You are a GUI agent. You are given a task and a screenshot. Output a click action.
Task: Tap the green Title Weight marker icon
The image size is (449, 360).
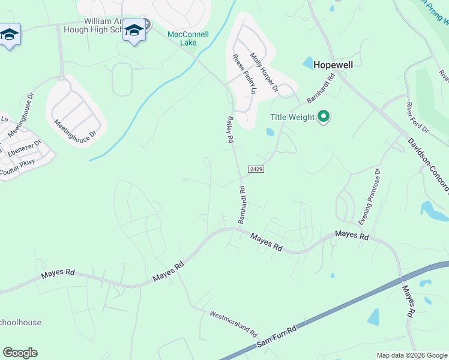[324, 116]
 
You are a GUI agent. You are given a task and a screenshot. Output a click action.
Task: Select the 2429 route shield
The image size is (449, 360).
[255, 169]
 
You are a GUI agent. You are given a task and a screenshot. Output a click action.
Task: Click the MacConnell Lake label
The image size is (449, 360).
[188, 38]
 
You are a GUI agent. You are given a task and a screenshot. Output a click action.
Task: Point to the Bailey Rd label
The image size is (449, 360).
[229, 129]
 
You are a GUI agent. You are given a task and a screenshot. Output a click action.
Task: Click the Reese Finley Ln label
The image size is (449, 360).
[244, 76]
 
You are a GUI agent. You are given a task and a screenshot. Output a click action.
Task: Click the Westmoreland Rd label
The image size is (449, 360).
[233, 323]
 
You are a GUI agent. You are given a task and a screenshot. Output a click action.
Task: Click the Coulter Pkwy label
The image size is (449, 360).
[17, 163]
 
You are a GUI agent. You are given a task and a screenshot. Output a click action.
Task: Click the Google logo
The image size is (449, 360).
[20, 353]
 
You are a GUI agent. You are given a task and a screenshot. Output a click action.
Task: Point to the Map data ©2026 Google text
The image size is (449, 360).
[412, 355]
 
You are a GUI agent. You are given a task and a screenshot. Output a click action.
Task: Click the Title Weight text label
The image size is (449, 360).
[292, 117]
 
